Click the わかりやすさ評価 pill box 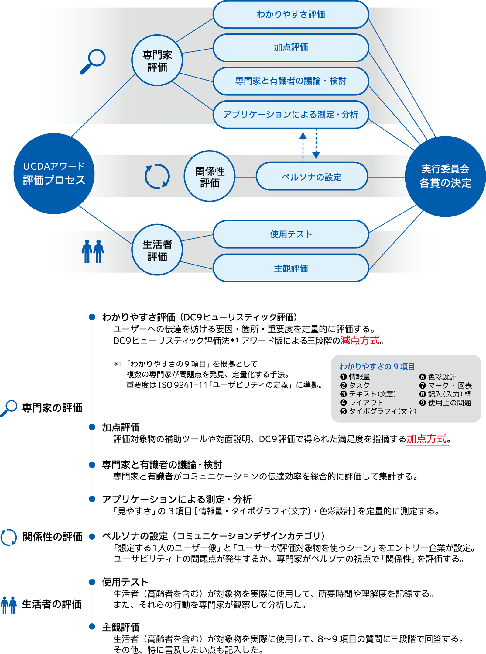tap(291, 14)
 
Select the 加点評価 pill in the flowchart tap(291, 47)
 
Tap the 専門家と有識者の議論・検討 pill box tap(291, 81)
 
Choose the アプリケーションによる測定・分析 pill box tap(291, 115)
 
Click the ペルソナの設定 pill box tap(312, 177)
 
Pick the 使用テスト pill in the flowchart tap(291, 234)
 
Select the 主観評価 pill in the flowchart tap(291, 268)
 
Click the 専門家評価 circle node tap(157, 61)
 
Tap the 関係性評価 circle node tap(210, 176)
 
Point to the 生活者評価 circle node tap(157, 250)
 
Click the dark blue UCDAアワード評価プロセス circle tap(54, 174)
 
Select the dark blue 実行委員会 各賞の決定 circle tap(445, 176)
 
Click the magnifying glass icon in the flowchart tap(93, 61)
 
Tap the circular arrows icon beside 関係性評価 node tap(157, 176)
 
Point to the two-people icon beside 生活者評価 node tap(93, 251)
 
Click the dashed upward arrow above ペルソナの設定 tap(303, 146)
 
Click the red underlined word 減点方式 tap(360, 341)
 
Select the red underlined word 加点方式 tap(427, 439)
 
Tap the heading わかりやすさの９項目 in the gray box tap(377, 366)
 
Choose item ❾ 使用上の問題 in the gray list tap(445, 403)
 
